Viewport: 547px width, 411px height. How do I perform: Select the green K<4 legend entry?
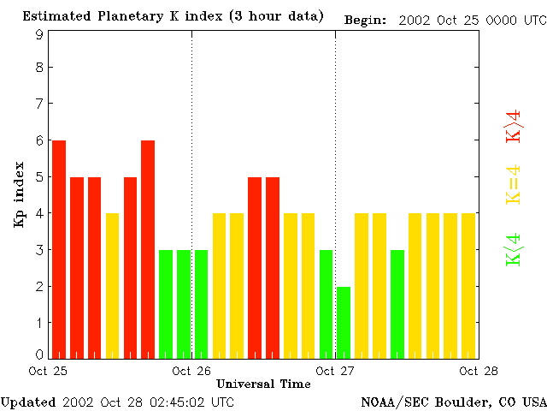[514, 250]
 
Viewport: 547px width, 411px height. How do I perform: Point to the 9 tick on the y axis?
[39, 35]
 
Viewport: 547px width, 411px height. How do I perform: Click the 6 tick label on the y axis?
[39, 140]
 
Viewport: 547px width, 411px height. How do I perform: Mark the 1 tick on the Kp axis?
[39, 323]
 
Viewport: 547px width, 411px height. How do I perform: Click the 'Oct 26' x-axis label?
[191, 372]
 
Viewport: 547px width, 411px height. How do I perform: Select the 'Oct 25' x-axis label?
[48, 372]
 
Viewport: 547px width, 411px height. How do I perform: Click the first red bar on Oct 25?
[59, 248]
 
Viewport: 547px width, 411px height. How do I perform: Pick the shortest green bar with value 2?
[344, 322]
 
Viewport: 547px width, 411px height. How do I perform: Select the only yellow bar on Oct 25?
[112, 285]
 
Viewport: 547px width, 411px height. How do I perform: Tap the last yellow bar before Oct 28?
[468, 285]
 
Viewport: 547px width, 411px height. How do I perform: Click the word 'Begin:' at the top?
[365, 19]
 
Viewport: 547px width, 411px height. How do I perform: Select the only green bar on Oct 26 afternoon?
[326, 304]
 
